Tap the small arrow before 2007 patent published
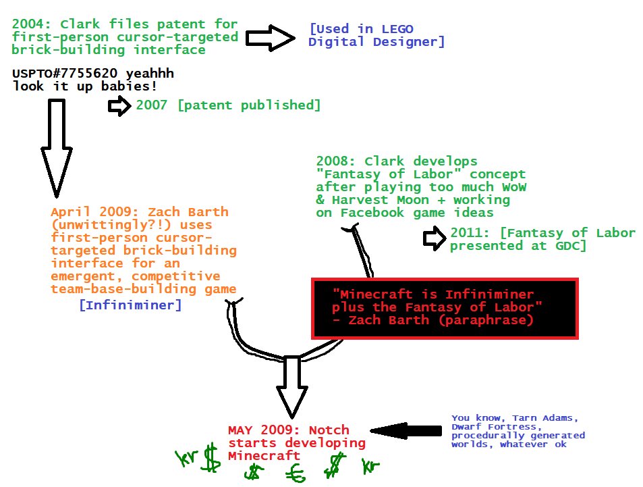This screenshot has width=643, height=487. tap(120, 105)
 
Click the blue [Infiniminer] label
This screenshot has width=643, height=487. tap(130, 305)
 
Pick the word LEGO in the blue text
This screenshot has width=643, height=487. tap(397, 29)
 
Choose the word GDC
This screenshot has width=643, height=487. tap(569, 246)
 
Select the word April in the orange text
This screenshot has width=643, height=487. tap(69, 211)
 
